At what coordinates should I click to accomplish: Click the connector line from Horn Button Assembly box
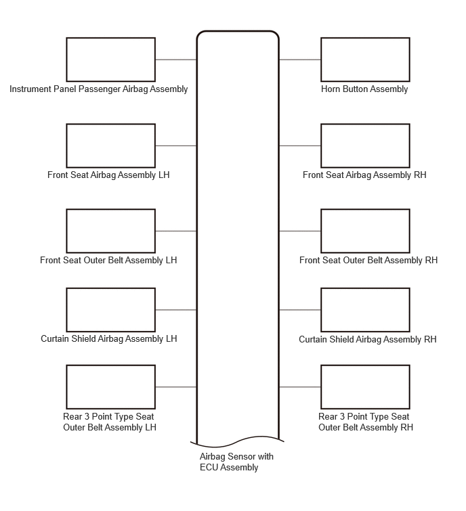pyautogui.click(x=300, y=60)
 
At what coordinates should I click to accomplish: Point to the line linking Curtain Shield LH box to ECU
pyautogui.click(x=176, y=310)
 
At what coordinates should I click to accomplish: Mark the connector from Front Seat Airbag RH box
pyautogui.click(x=300, y=146)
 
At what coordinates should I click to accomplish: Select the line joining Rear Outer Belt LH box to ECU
pyautogui.click(x=176, y=387)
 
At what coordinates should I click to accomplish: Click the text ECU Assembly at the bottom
pyautogui.click(x=229, y=468)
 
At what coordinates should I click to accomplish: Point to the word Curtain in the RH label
pyautogui.click(x=313, y=339)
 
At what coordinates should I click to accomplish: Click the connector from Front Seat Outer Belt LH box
pyautogui.click(x=176, y=231)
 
